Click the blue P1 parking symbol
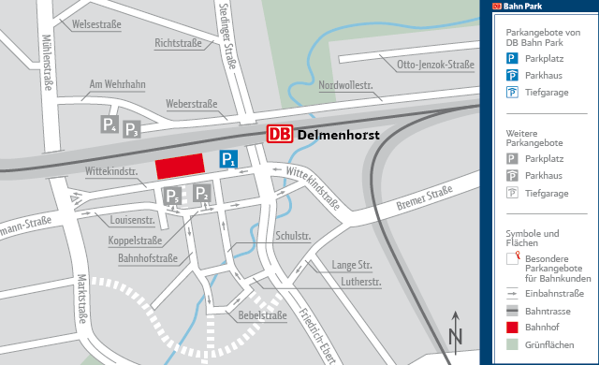pyautogui.click(x=228, y=159)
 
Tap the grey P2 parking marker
pyautogui.click(x=203, y=195)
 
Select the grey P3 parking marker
pyautogui.click(x=132, y=130)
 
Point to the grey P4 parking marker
pyautogui.click(x=110, y=124)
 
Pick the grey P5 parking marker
pyautogui.click(x=172, y=196)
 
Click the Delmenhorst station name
pyautogui.click(x=338, y=136)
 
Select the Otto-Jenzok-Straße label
pyautogui.click(x=435, y=66)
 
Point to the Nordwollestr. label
pyautogui.click(x=345, y=85)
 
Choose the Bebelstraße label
pyautogui.click(x=262, y=315)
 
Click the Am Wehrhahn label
pyautogui.click(x=117, y=85)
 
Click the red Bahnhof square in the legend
pyautogui.click(x=512, y=328)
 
